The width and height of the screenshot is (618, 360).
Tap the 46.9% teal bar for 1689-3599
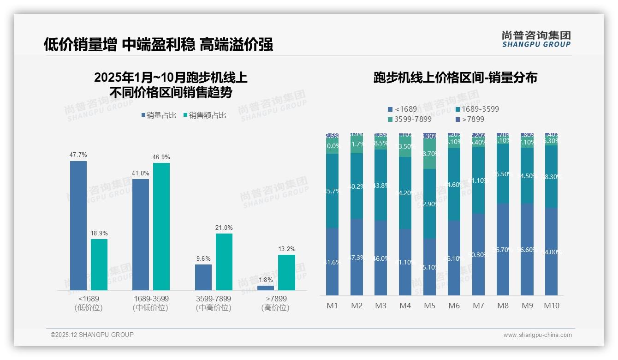pyautogui.click(x=161, y=226)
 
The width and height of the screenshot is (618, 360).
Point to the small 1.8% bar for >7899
pyautogui.click(x=266, y=288)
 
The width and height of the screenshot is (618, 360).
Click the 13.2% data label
pyautogui.click(x=286, y=249)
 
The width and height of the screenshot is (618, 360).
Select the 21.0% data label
pyautogui.click(x=224, y=228)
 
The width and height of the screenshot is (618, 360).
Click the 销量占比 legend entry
pyautogui.click(x=158, y=115)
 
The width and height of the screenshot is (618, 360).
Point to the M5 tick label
pyautogui.click(x=429, y=306)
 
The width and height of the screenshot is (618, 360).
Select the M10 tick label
pyautogui.click(x=551, y=306)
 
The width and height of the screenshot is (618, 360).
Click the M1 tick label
pyautogui.click(x=332, y=306)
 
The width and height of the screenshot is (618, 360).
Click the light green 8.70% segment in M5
pyautogui.click(x=429, y=154)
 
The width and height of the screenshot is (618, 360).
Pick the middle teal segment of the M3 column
pyautogui.click(x=381, y=185)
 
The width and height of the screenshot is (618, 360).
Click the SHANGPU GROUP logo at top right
pyautogui.click(x=536, y=39)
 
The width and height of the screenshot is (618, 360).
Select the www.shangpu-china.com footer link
pyautogui.click(x=537, y=335)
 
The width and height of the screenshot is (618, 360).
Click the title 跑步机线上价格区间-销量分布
pyautogui.click(x=455, y=78)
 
